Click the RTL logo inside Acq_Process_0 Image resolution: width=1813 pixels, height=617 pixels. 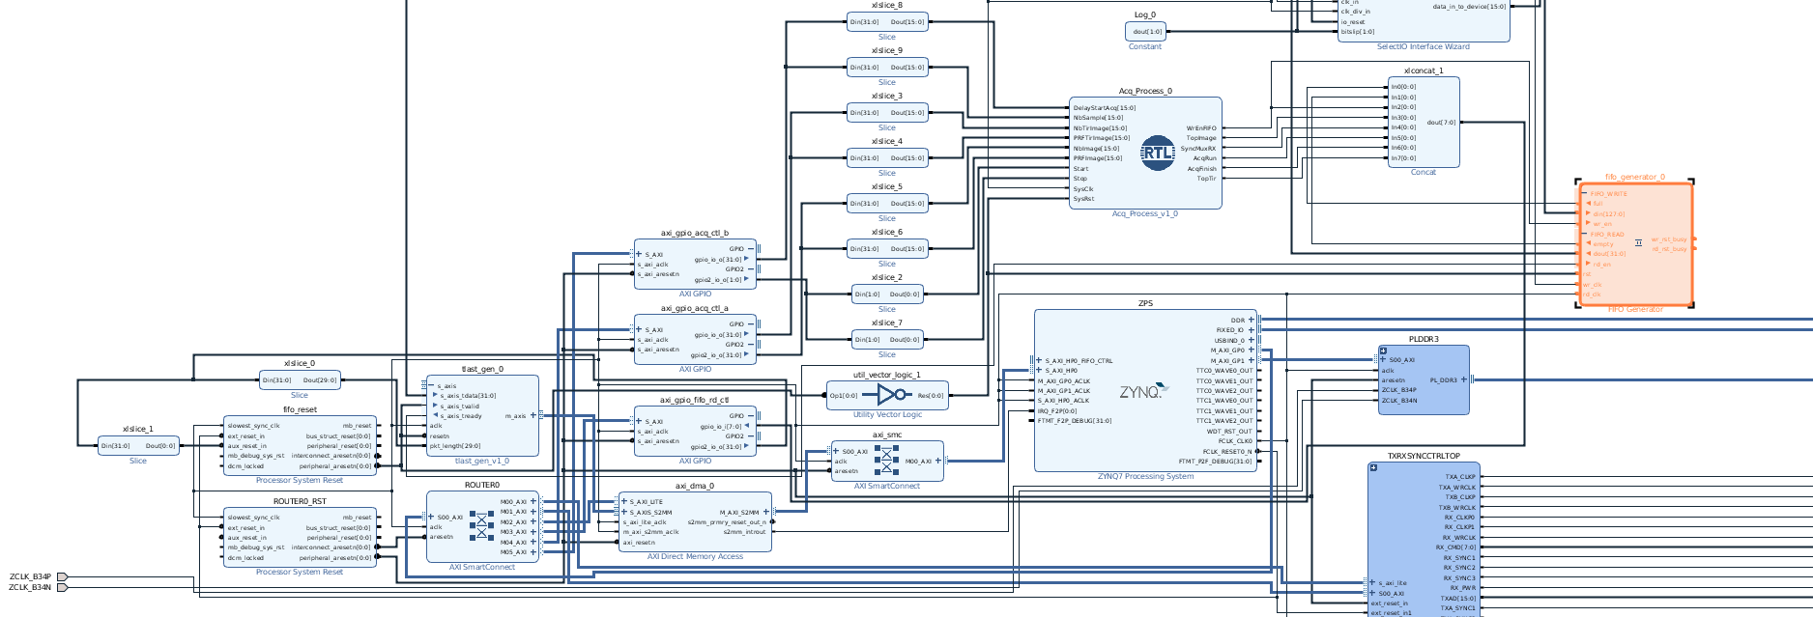coord(1157,153)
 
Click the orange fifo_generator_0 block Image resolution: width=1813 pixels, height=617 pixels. coord(1635,243)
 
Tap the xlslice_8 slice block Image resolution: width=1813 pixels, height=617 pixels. coord(886,21)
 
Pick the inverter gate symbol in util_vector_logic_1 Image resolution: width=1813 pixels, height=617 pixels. coord(891,394)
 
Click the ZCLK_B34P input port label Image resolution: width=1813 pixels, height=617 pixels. coord(30,576)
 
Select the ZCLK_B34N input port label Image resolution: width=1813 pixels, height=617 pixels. coord(30,587)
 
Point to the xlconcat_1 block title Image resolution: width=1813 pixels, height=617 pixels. coord(1423,70)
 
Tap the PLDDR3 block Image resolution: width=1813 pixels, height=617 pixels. coord(1423,380)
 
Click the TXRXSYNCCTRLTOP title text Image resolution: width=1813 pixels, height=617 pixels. coord(1424,456)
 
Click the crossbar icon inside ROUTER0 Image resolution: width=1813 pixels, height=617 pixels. coord(481,525)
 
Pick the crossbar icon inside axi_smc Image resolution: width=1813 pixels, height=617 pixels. coord(886,461)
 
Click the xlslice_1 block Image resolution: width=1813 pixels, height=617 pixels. coord(138,445)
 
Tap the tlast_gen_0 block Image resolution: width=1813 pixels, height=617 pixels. coord(482,415)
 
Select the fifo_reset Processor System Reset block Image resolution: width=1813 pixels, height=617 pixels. coord(300,445)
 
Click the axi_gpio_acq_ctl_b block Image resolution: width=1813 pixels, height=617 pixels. coord(694,264)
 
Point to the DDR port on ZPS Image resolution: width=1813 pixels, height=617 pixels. coord(1238,320)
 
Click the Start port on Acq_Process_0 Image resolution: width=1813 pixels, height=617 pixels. coord(1080,168)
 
